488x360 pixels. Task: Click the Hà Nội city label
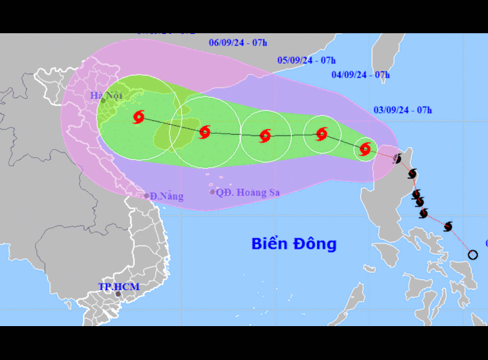(106, 96)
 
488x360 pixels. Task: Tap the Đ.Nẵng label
(167, 197)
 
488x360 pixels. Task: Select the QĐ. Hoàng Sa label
(248, 193)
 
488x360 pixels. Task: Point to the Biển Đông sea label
(293, 243)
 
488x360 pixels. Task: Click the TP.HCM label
(119, 287)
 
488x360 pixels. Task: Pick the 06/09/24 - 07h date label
(238, 42)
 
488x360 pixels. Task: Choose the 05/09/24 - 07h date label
(306, 60)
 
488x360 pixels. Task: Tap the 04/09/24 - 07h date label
(361, 75)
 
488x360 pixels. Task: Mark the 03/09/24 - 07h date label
(403, 110)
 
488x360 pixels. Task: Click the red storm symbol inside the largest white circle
(139, 117)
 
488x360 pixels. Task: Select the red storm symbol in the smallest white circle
(365, 148)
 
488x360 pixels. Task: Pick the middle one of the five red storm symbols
(266, 136)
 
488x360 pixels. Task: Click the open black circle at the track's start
(473, 255)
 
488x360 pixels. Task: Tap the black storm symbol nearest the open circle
(448, 226)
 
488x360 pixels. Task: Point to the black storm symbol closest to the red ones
(397, 159)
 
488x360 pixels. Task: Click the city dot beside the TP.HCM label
(118, 294)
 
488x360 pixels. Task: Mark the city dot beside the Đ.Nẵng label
(146, 196)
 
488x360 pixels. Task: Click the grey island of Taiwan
(384, 58)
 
